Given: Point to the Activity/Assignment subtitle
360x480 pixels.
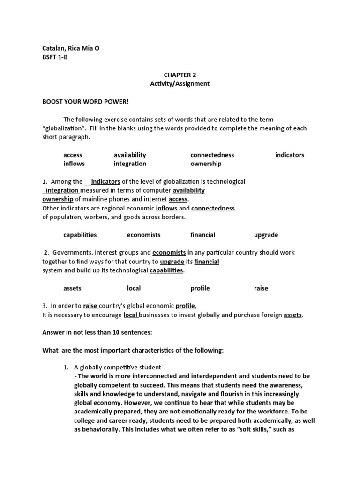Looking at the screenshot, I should (x=180, y=83).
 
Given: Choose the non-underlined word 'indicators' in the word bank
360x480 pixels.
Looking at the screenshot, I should (x=289, y=155).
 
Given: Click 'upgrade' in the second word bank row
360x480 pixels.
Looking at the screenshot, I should (x=266, y=235).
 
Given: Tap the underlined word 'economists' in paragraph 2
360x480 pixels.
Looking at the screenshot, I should (x=169, y=252).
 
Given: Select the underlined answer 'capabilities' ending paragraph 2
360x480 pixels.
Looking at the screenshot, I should (x=166, y=270).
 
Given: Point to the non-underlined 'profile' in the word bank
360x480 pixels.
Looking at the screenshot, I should (x=200, y=288).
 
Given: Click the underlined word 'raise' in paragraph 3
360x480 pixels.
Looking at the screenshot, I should (x=90, y=306).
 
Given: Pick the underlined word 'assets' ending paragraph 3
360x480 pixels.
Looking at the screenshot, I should (x=293, y=315).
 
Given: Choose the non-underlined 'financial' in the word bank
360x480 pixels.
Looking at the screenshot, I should (x=202, y=235).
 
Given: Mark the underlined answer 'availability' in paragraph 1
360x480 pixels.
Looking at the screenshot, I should (x=188, y=190).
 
